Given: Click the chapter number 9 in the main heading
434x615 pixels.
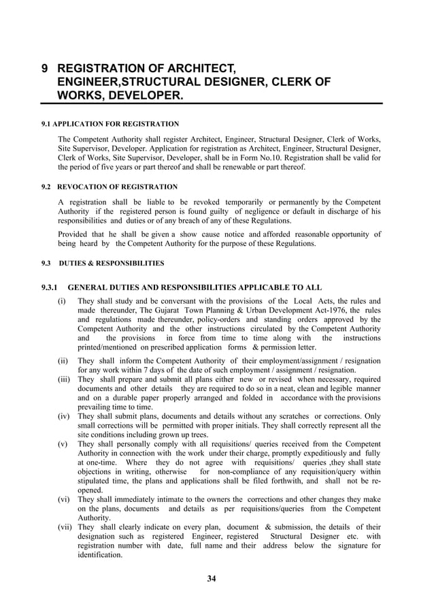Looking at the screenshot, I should [45, 69].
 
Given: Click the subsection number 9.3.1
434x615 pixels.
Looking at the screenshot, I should [52, 287].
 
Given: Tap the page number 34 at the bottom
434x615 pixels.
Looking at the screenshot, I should [211, 579].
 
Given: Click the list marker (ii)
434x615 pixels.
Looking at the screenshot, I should [63, 361].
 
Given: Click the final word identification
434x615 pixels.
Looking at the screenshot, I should [99, 555].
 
